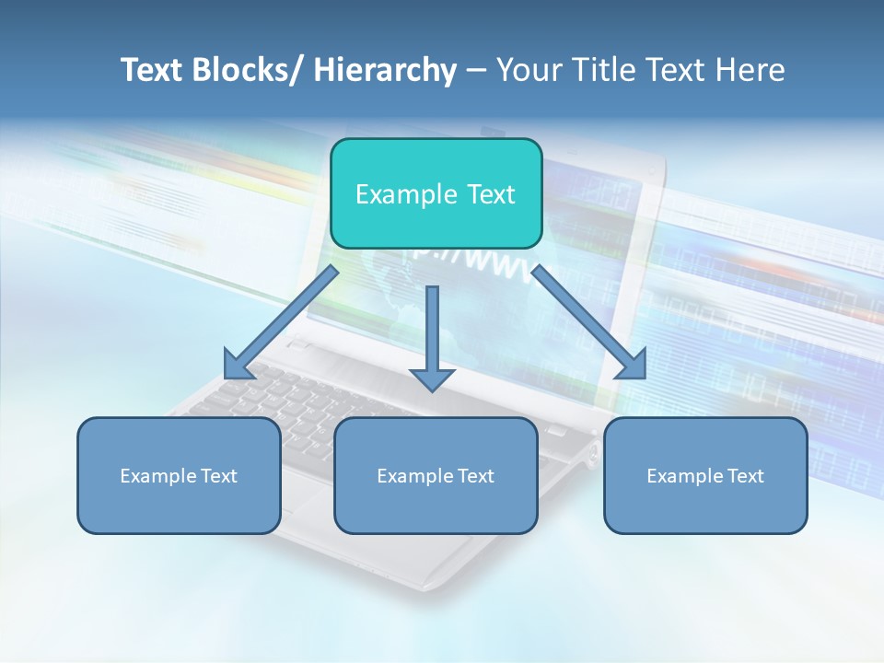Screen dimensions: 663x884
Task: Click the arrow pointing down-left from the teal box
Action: [x=281, y=322]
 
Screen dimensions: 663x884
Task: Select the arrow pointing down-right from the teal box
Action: [x=589, y=322]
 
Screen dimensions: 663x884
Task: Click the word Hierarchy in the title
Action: [x=385, y=70]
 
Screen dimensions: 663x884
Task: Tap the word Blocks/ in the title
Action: [x=241, y=70]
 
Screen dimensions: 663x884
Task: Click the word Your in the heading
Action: [x=529, y=70]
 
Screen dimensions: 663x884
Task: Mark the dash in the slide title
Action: [x=476, y=71]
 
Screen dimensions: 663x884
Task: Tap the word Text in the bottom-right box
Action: [x=745, y=476]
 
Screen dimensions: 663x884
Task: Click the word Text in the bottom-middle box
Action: [x=475, y=476]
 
